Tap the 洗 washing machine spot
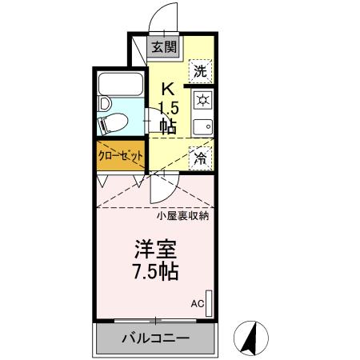(x=202, y=70)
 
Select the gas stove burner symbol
(x=202, y=100)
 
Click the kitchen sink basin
(x=203, y=126)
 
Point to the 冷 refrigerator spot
(x=201, y=157)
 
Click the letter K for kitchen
(x=168, y=89)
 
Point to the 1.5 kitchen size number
(x=168, y=107)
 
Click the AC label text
(x=197, y=304)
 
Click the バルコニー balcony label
(x=155, y=338)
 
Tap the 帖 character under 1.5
(x=168, y=126)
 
